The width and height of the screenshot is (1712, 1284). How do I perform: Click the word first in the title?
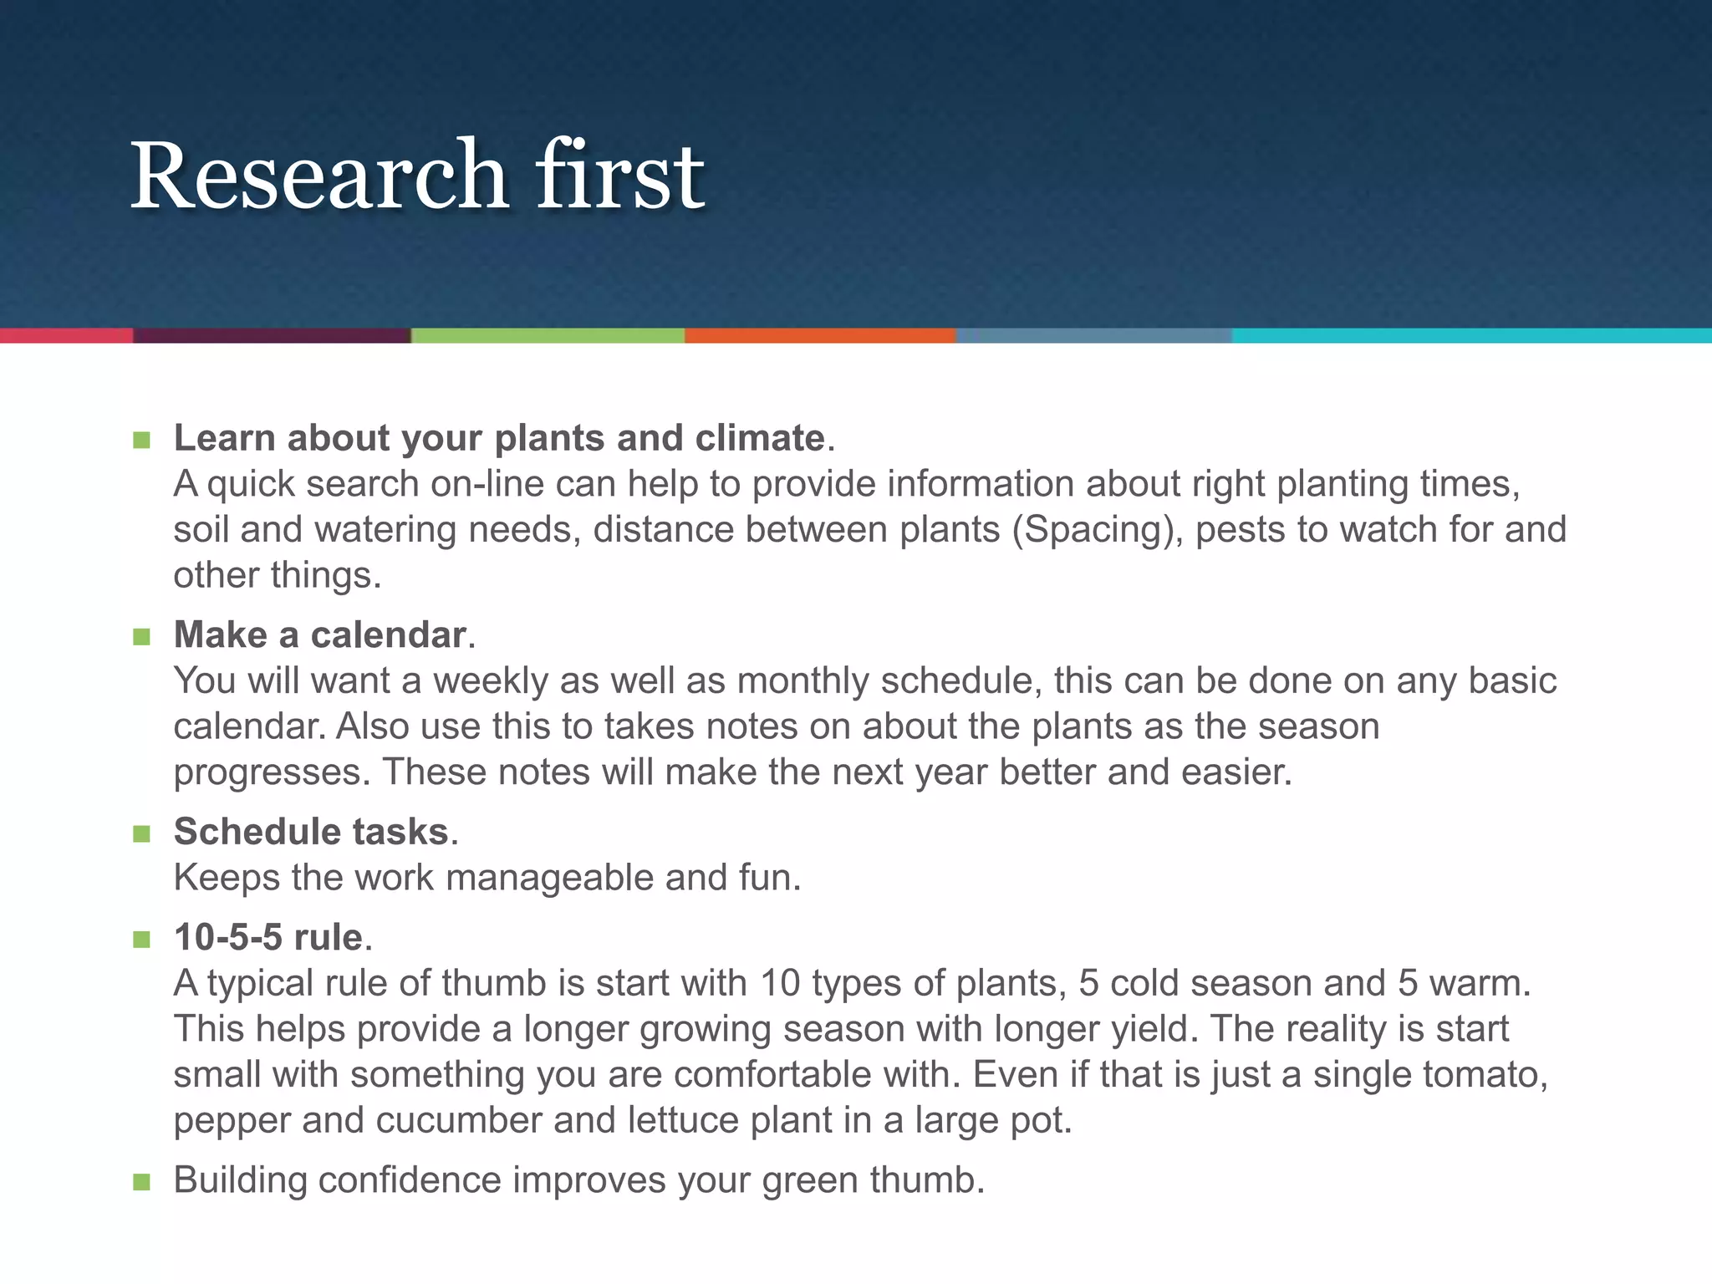point(619,176)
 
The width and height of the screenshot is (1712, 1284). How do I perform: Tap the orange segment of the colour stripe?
point(819,335)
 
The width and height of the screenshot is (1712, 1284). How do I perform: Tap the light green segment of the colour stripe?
point(548,335)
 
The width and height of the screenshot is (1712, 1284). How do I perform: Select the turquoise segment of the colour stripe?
point(1471,335)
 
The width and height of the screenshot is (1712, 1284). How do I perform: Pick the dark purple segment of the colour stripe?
point(272,335)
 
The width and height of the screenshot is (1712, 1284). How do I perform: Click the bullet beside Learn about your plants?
point(141,440)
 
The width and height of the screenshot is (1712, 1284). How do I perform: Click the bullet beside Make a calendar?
point(141,637)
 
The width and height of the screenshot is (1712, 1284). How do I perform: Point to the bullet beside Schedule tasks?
point(141,833)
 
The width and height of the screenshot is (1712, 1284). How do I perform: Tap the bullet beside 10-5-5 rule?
point(141,940)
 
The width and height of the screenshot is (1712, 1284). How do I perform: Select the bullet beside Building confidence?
point(141,1182)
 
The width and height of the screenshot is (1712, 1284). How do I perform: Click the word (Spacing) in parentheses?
point(1098,530)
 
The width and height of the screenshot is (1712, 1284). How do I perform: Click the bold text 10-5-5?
point(227,938)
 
